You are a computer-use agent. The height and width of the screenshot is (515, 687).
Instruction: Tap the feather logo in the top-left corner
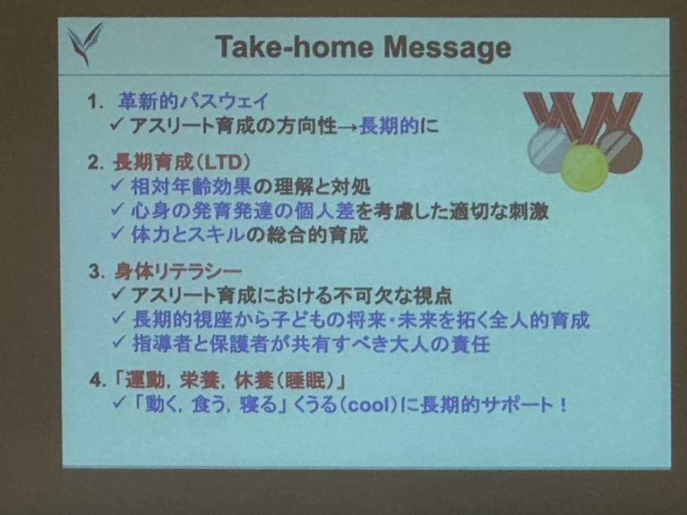84,44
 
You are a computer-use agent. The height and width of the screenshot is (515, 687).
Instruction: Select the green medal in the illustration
584,166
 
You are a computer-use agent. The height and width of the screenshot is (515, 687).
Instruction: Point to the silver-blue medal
549,147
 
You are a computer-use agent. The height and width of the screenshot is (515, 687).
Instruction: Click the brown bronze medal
621,150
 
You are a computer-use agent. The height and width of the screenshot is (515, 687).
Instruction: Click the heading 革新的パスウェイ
193,102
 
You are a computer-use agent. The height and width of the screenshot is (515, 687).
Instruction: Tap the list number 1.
95,102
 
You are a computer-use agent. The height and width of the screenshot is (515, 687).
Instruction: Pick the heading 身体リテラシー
178,272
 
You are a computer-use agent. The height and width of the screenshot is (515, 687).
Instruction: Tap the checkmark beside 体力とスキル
117,233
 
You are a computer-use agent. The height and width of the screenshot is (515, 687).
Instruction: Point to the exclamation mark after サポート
562,405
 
